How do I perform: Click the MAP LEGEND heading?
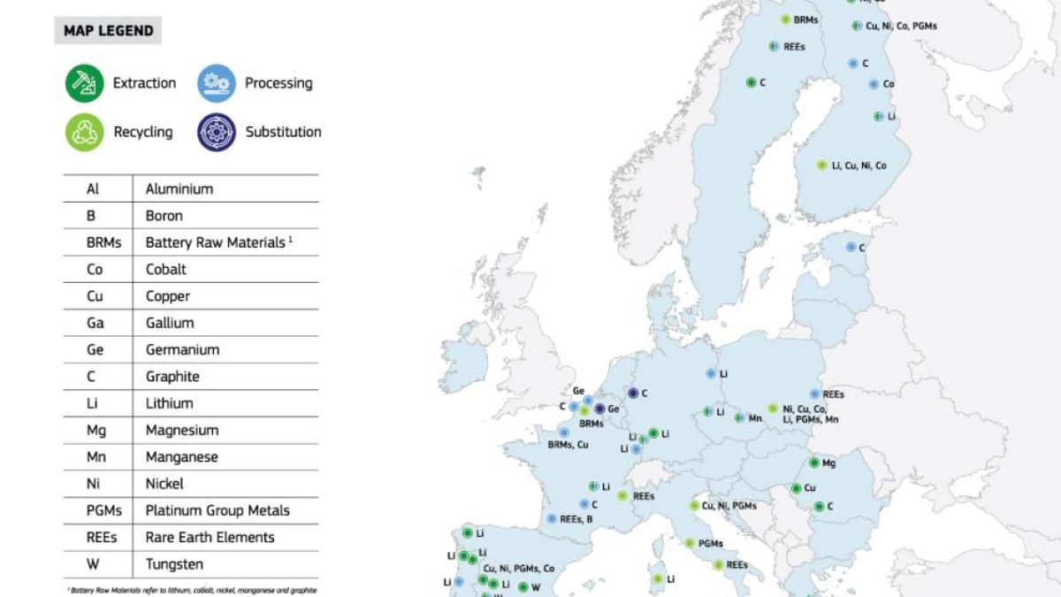pos(108,31)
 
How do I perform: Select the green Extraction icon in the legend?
pos(84,83)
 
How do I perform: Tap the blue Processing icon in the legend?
pos(217,83)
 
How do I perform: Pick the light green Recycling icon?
pos(84,132)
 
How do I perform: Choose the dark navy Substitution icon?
pos(217,132)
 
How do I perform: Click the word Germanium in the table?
pos(182,349)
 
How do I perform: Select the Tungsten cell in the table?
pos(174,564)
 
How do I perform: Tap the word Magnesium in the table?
pos(181,430)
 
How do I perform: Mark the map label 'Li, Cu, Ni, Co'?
pos(859,165)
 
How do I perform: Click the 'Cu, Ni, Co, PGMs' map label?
pos(901,27)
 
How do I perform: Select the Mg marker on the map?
pos(813,463)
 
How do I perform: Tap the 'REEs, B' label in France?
pos(576,519)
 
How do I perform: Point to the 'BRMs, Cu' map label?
pos(568,445)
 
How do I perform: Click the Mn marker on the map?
pos(739,417)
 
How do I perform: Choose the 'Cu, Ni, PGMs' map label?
pos(729,506)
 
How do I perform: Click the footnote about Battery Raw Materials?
pos(192,590)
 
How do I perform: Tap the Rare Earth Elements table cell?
pos(210,537)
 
